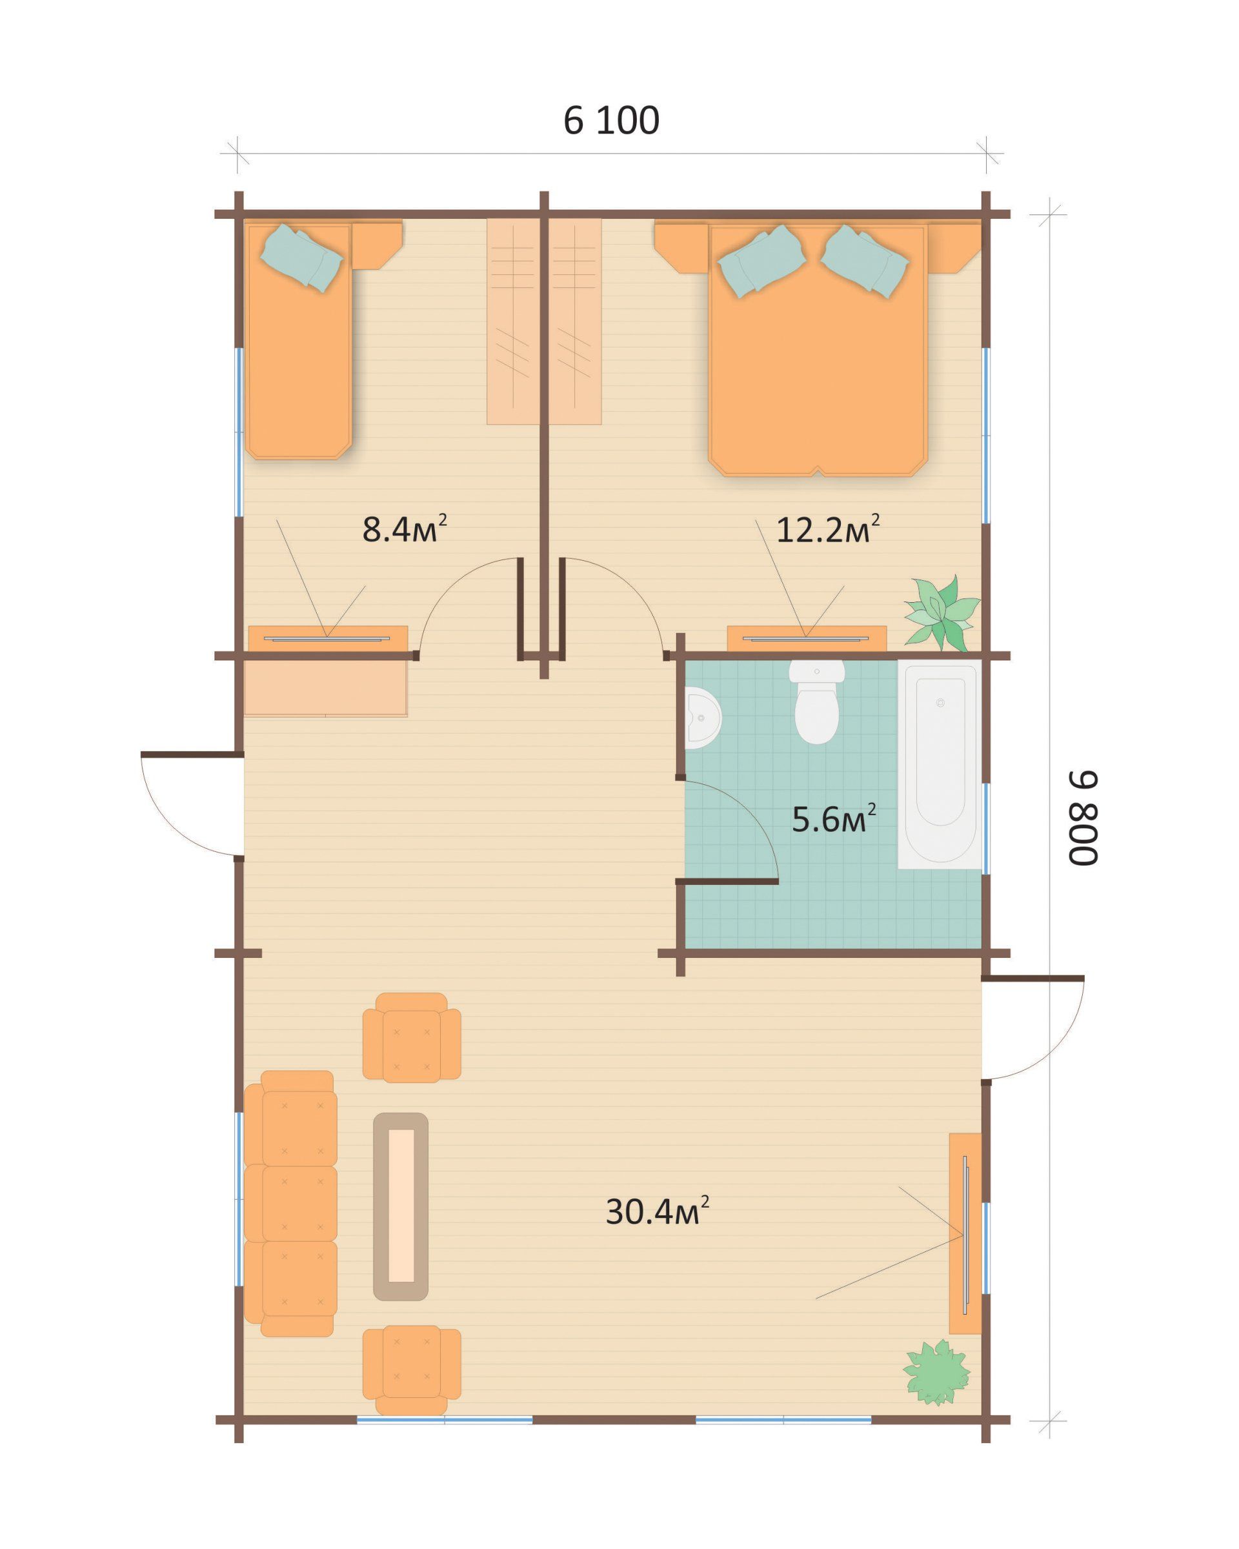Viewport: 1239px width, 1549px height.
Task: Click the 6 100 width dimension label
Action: pyautogui.click(x=610, y=120)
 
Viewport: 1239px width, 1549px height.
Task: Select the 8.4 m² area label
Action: pyautogui.click(x=405, y=529)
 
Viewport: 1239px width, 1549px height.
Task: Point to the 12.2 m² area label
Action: pyautogui.click(x=827, y=529)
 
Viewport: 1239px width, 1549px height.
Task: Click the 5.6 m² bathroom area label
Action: pyautogui.click(x=833, y=819)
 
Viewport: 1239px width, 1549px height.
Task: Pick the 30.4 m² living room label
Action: pyautogui.click(x=656, y=1211)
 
